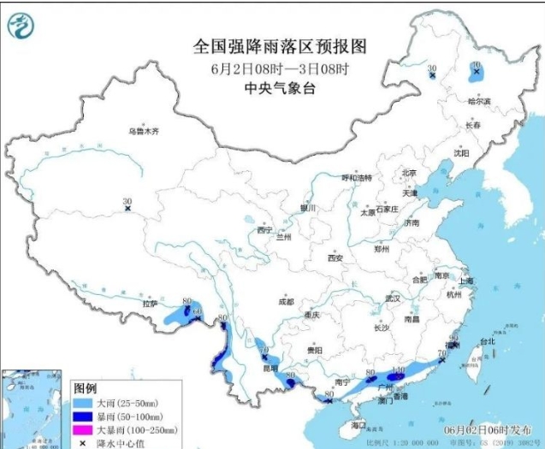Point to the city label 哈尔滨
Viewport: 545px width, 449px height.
[479, 101]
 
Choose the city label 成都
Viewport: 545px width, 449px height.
[286, 302]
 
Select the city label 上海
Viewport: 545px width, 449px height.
[466, 280]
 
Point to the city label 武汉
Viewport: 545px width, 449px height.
[393, 299]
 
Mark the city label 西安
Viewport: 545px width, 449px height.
[335, 257]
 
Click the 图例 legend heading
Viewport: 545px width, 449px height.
[86, 387]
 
